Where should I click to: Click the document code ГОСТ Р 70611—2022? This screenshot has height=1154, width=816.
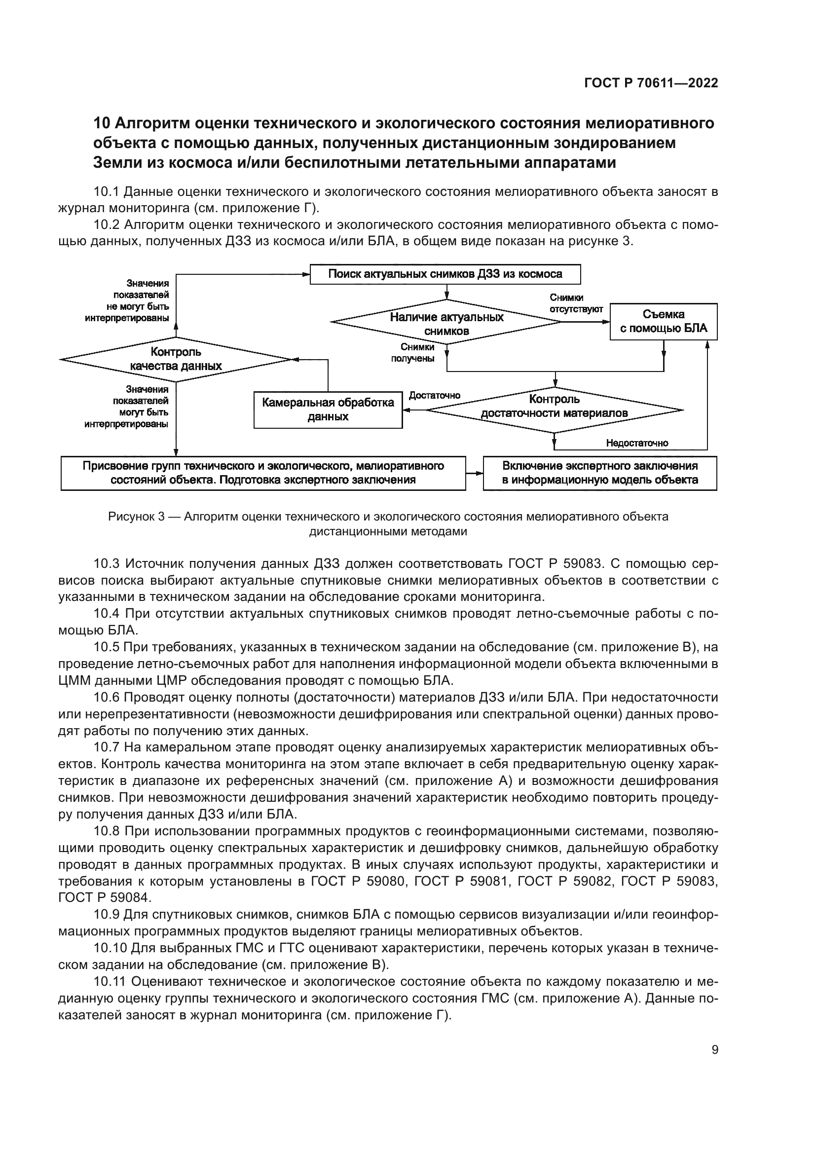pos(651,83)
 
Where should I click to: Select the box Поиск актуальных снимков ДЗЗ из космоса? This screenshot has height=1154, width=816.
pos(445,274)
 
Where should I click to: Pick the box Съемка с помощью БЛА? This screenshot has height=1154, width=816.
pos(663,322)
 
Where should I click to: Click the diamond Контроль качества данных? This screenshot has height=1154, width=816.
pos(176,359)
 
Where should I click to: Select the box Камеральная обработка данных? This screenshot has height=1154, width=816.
pos(328,409)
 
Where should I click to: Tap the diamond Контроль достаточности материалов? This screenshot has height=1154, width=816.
pos(554,406)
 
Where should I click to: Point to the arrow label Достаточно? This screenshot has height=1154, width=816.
pos(434,395)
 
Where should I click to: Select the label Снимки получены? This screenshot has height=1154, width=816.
pos(412,353)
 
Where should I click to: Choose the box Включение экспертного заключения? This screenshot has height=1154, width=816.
pos(599,473)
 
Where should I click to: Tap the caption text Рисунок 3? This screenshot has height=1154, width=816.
pos(136,517)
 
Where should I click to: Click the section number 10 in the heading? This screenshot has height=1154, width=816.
pos(102,123)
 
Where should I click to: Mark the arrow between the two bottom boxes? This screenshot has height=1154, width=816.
pos(474,473)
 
